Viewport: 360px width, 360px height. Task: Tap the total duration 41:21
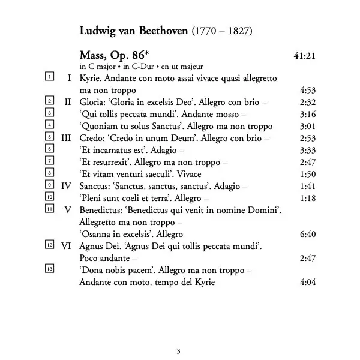pos(305,56)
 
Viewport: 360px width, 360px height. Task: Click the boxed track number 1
pos(50,77)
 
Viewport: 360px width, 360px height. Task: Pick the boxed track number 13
pos(50,269)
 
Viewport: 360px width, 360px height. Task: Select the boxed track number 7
pos(50,161)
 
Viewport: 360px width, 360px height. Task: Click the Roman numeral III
pos(67,137)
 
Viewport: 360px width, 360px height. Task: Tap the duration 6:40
pos(307,234)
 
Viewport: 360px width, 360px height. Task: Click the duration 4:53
pos(307,90)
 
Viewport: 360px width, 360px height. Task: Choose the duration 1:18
pos(307,197)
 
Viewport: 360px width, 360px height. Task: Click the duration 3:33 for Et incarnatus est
pos(307,150)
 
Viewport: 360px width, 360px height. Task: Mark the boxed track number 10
pos(50,197)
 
